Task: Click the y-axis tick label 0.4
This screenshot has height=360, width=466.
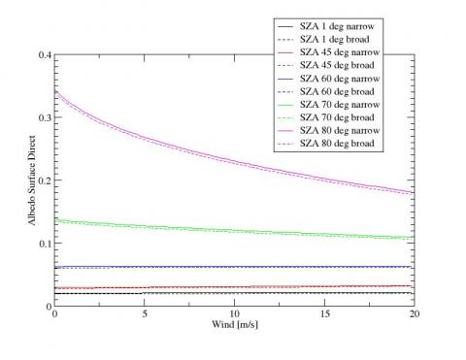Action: tap(46, 54)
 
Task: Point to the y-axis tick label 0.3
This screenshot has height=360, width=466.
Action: tap(46, 117)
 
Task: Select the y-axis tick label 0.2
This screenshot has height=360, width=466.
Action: tap(46, 180)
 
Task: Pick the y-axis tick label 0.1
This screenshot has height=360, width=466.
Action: tap(46, 244)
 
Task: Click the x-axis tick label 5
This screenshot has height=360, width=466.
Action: tap(145, 314)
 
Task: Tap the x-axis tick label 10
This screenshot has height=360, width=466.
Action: tap(235, 314)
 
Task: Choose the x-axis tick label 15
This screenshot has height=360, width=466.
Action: tap(324, 314)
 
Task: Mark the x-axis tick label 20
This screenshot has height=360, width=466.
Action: tap(415, 314)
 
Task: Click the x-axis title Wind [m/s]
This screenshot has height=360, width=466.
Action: tap(235, 324)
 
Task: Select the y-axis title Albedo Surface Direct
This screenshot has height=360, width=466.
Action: tap(31, 180)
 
